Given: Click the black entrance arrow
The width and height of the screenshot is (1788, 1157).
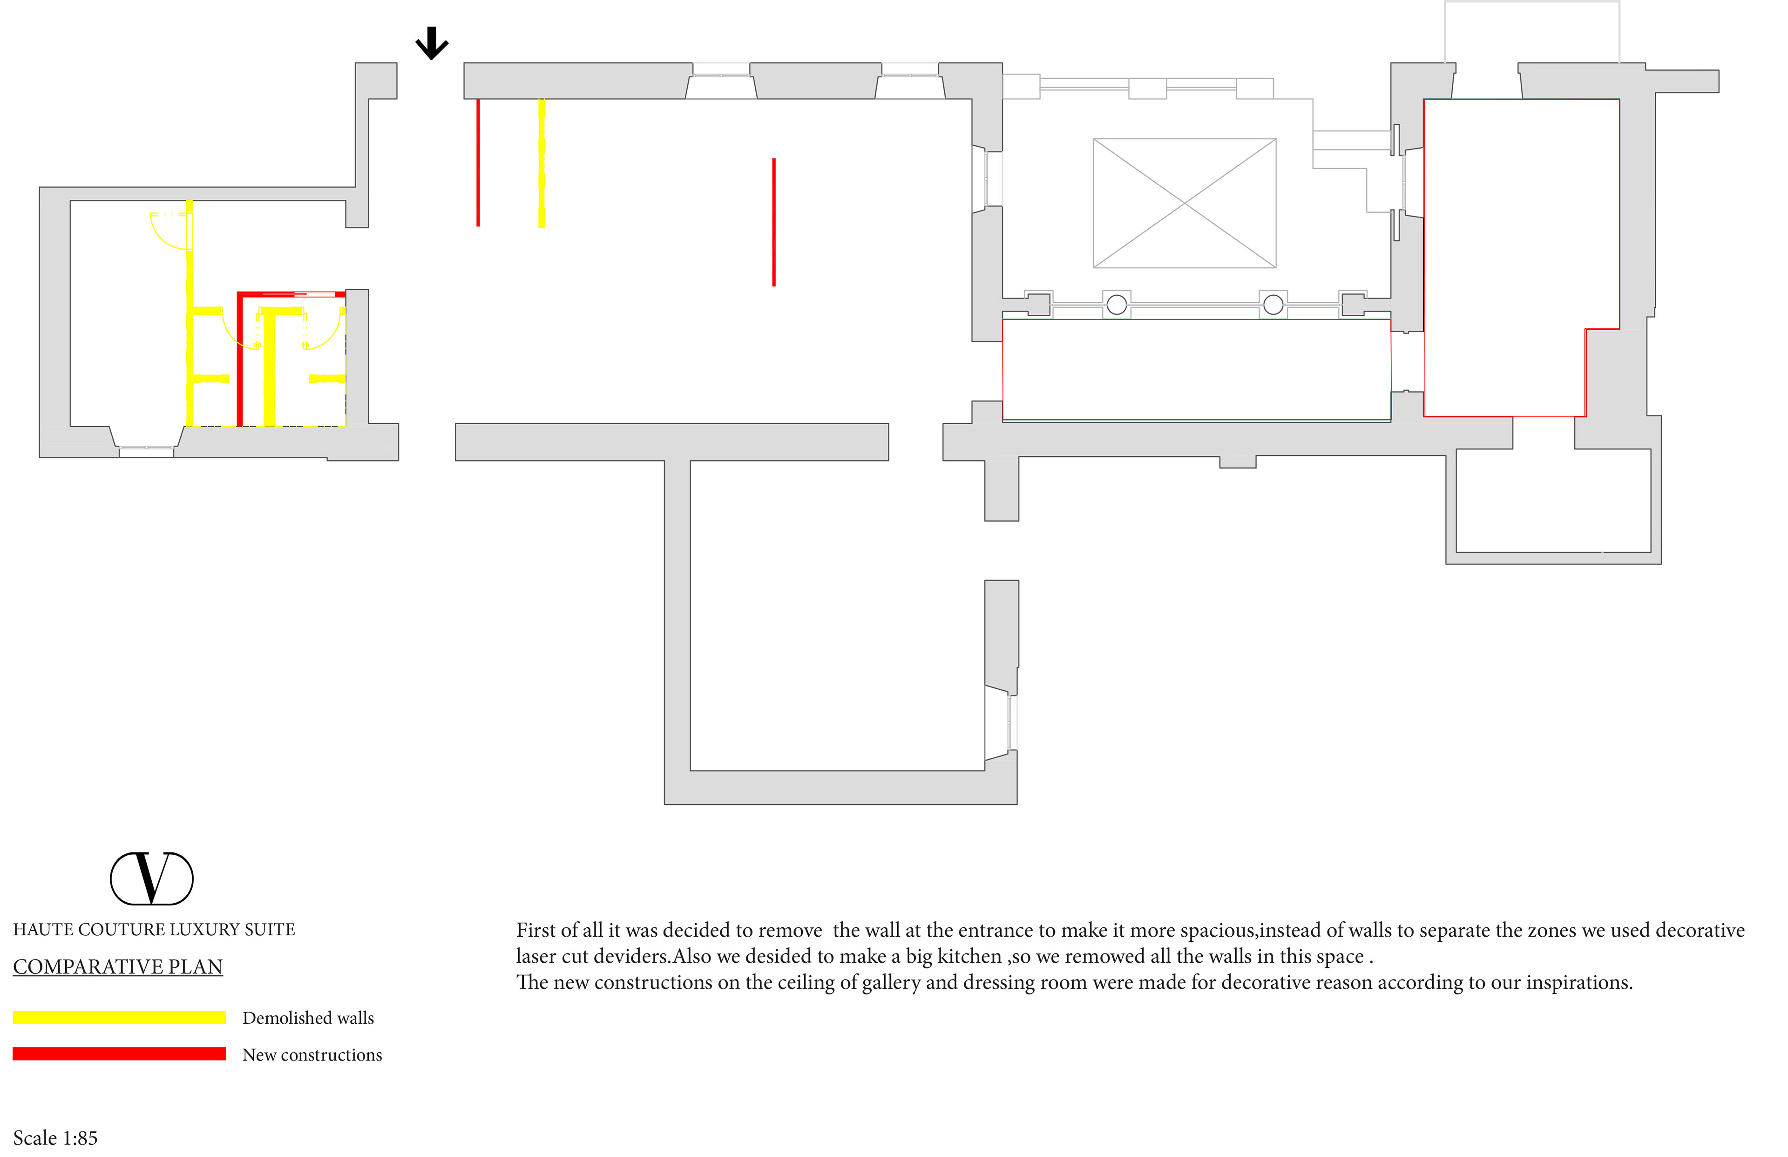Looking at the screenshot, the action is click(x=432, y=44).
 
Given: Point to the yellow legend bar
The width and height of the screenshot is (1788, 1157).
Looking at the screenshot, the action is click(x=119, y=1017).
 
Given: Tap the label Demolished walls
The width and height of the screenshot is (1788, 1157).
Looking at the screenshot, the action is click(x=308, y=1018).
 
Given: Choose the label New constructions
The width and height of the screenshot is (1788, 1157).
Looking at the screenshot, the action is click(x=312, y=1055).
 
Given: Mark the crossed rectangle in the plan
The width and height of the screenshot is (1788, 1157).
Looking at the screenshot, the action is click(x=1184, y=203).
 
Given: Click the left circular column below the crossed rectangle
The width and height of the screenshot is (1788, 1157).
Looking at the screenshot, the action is click(x=1117, y=304).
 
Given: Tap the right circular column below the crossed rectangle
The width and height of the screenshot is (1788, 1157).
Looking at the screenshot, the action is click(x=1273, y=304).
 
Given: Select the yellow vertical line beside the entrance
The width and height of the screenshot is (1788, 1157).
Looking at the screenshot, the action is click(x=542, y=163).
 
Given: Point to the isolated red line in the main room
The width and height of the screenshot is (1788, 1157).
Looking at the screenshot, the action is click(x=773, y=222).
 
